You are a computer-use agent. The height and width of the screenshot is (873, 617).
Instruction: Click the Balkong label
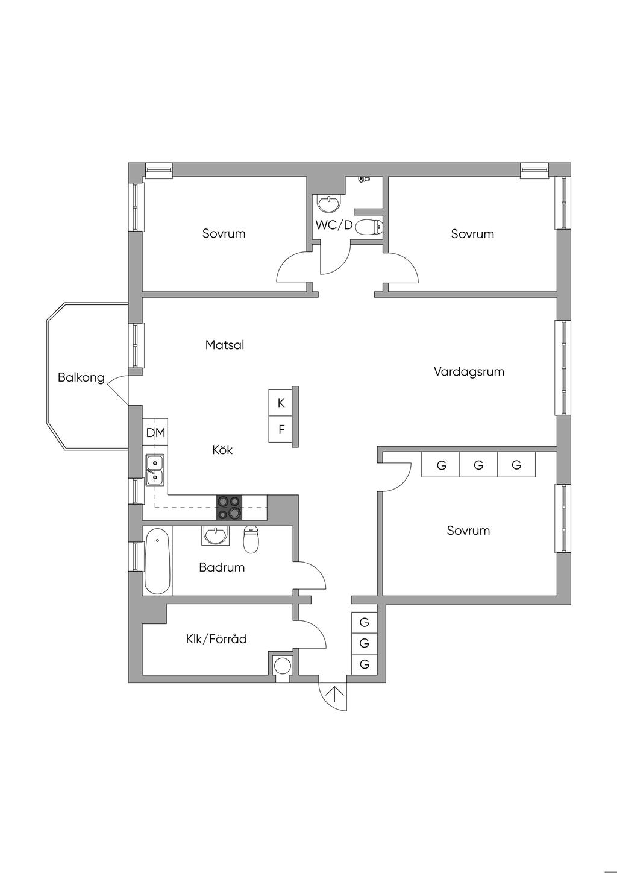coord(81,378)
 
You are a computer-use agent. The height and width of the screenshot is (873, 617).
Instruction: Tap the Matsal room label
coord(224,345)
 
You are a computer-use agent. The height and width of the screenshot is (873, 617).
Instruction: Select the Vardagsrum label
coord(469,371)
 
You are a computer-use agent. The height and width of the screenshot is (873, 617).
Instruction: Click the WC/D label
coord(334,225)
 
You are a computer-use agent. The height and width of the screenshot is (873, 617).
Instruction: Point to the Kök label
coord(222,450)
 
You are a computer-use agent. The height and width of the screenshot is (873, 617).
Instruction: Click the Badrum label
coord(222,567)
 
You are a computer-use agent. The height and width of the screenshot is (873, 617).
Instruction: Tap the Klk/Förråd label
coord(216,639)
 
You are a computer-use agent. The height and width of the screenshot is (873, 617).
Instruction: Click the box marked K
coord(281,403)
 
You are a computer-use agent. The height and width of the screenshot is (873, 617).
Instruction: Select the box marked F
coord(281,430)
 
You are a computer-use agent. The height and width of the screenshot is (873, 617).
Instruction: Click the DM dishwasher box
coord(155,432)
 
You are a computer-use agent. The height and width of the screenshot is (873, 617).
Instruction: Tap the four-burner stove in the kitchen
coord(230,507)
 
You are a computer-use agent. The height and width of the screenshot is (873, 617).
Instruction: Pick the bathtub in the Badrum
coord(157,561)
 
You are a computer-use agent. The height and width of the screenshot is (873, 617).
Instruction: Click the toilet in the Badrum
coord(251,539)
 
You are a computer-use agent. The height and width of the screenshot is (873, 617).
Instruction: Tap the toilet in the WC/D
coord(369,227)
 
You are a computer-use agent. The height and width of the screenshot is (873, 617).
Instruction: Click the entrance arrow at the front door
coord(333,695)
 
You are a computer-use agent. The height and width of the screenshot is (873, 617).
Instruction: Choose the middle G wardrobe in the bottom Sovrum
coord(478,465)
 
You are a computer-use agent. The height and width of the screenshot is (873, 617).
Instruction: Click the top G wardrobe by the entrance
coord(364,622)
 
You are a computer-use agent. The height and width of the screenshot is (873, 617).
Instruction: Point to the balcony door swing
coord(117,389)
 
